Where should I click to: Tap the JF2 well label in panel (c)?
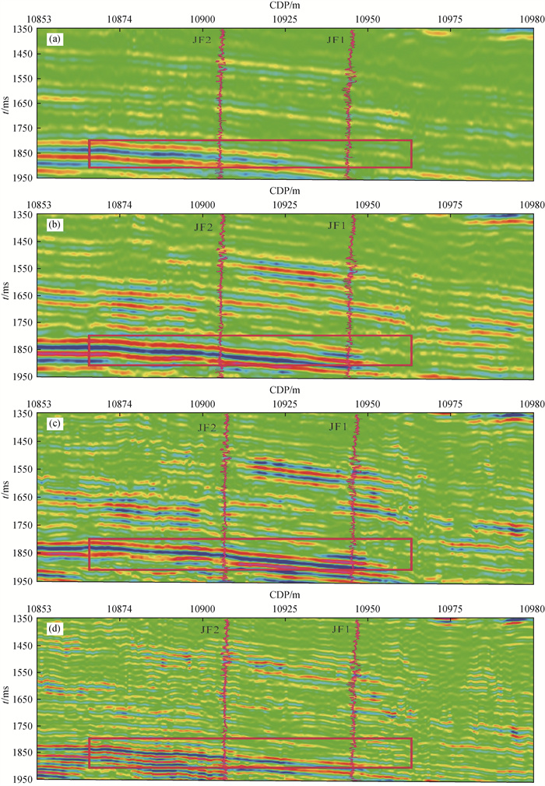coord(208,427)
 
